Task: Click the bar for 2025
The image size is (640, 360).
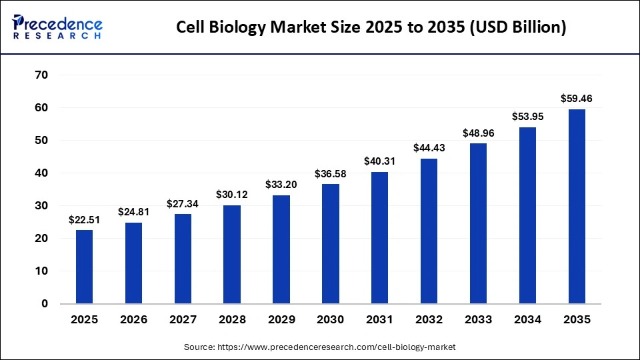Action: pos(84,267)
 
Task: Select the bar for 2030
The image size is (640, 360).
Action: pos(331,244)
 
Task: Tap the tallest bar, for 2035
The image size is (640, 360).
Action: pos(577,207)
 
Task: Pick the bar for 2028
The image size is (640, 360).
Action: pos(232,254)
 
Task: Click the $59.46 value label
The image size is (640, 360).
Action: pos(577,99)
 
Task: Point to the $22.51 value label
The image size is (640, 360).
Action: pos(84,220)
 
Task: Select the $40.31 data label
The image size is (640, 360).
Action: pos(380,161)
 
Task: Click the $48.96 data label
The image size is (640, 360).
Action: pos(479,133)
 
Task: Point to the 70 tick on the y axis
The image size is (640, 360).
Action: pos(41,75)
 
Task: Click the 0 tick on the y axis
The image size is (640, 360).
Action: pos(45,304)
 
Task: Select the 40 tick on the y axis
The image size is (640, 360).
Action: pos(41,173)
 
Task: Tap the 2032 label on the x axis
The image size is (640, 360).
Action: pos(429,320)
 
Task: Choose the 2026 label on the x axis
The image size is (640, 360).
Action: pos(133,320)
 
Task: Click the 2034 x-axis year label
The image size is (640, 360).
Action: pos(528,320)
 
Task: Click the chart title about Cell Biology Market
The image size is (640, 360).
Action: pos(371,27)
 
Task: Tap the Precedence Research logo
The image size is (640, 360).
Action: pos(57,27)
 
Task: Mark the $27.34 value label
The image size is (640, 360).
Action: pos(183,203)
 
